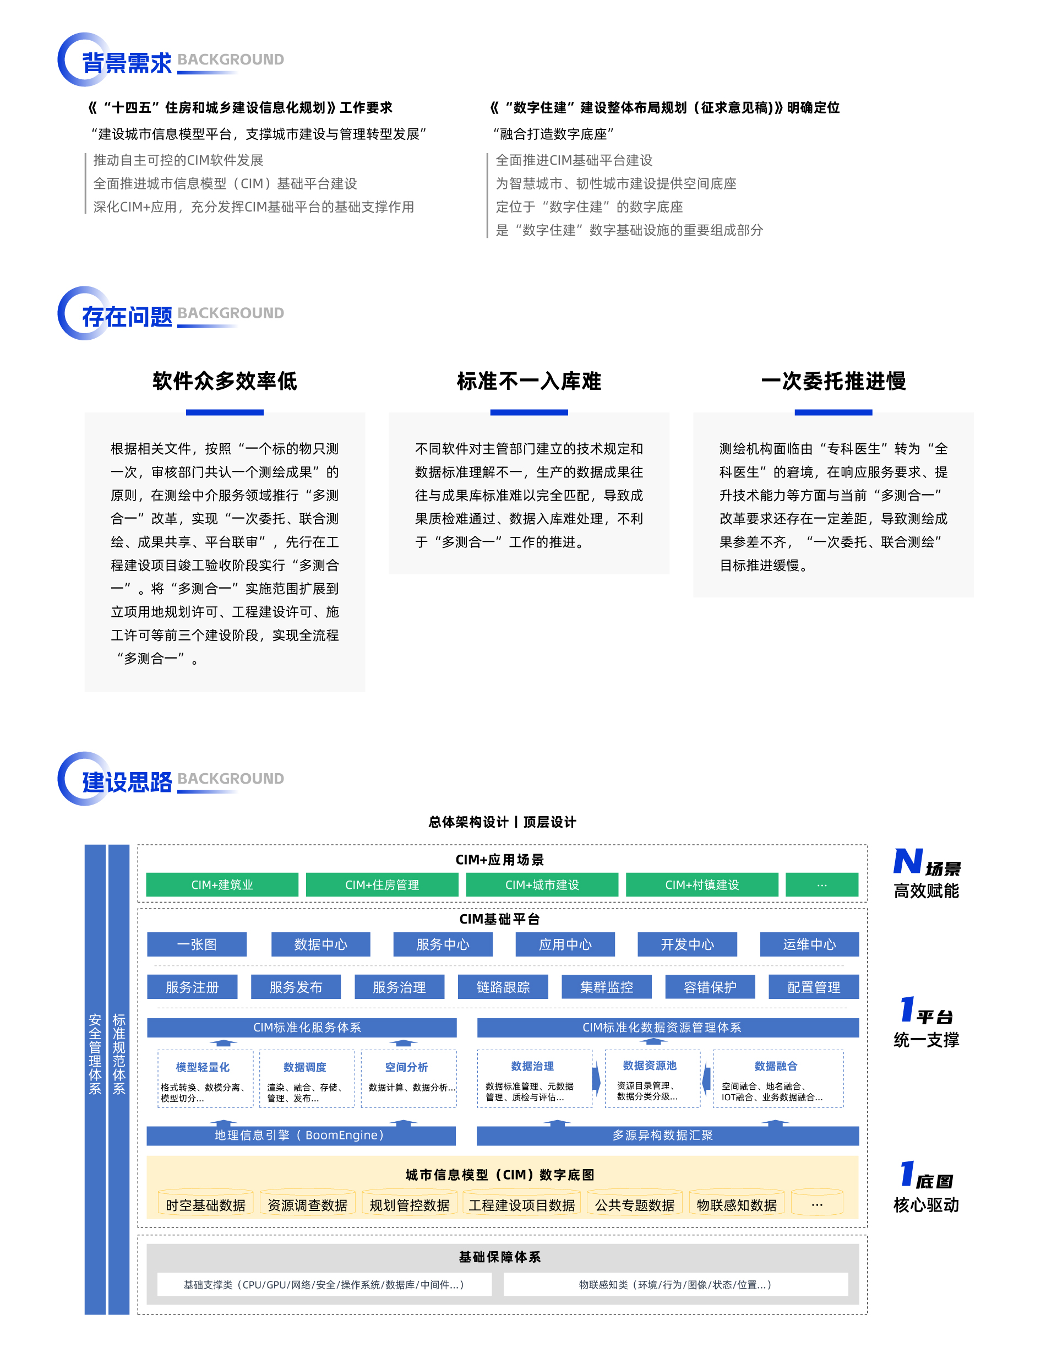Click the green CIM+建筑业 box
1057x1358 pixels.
[222, 884]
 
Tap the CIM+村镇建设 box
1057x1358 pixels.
[702, 884]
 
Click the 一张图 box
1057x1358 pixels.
[197, 944]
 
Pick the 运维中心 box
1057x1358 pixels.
[809, 944]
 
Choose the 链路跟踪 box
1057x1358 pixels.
[503, 987]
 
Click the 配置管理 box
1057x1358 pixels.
[814, 987]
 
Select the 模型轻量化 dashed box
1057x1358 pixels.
[205, 1079]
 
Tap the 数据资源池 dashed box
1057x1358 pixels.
[652, 1079]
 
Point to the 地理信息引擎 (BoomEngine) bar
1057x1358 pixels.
[301, 1136]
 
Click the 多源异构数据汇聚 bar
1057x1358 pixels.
[668, 1136]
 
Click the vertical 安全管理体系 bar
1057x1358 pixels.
[95, 1079]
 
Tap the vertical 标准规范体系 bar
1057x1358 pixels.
[119, 1079]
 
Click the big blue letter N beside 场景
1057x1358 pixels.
[908, 862]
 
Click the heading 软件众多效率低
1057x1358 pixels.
[225, 381]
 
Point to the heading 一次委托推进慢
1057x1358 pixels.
[834, 381]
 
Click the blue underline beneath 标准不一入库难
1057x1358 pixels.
[529, 412]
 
